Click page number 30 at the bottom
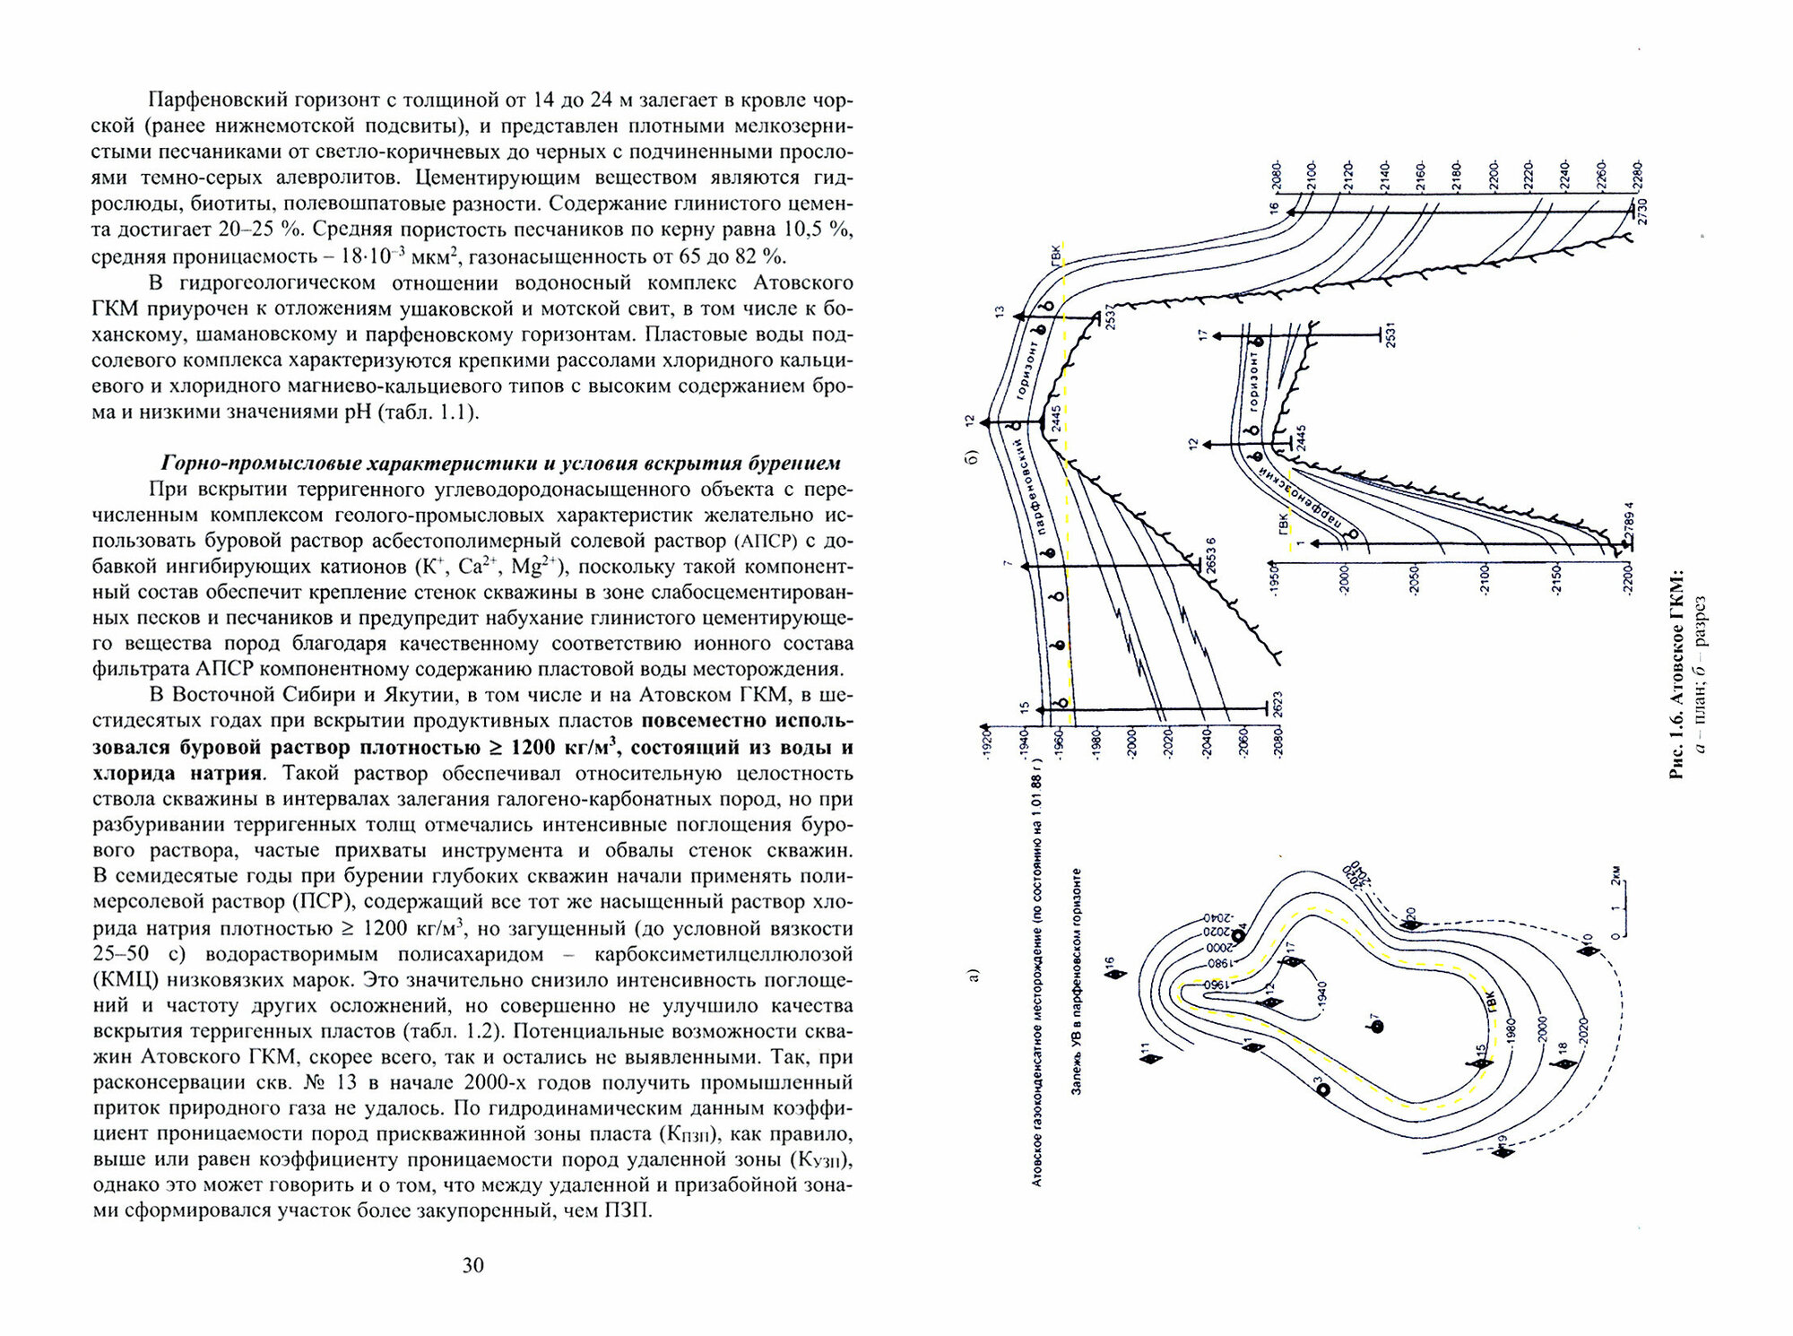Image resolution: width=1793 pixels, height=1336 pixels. click(x=472, y=1265)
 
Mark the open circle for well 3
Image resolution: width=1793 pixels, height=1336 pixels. click(x=1322, y=1089)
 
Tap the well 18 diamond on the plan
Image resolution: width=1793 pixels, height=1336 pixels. click(x=1565, y=1063)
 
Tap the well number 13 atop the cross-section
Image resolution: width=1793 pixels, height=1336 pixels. click(x=999, y=314)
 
